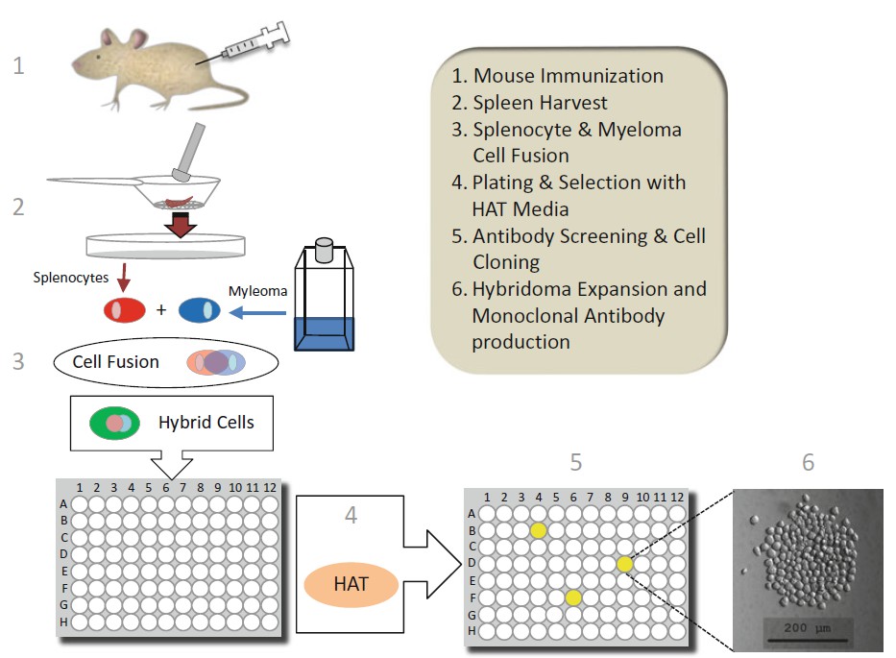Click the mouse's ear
point(136,39)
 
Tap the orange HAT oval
point(351,583)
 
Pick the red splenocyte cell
point(125,310)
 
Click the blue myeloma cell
point(199,310)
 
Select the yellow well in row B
point(538,529)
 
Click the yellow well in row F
point(573,597)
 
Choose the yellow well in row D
point(625,564)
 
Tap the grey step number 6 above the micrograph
point(808,463)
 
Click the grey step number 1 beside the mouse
point(17,66)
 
